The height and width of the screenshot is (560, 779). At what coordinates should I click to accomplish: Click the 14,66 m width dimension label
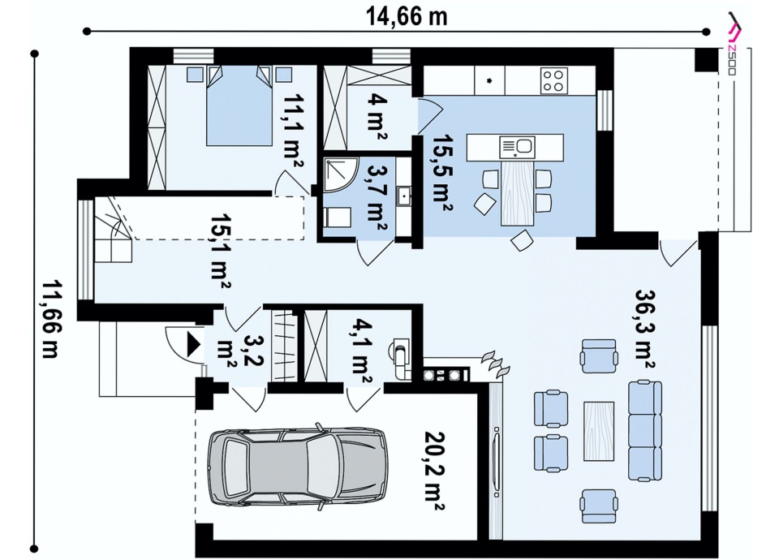click(407, 16)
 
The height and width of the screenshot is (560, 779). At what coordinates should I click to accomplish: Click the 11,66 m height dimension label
click(50, 318)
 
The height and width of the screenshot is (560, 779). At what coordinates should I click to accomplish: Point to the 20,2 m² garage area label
click(434, 471)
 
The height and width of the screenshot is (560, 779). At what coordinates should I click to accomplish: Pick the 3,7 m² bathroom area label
click(377, 197)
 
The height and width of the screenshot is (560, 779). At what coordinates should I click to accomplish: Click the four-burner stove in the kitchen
click(554, 80)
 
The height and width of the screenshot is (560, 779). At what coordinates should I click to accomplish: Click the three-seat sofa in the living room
click(645, 430)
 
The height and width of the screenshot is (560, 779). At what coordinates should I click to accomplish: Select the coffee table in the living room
click(599, 430)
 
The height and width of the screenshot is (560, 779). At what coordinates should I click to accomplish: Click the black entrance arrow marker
click(193, 343)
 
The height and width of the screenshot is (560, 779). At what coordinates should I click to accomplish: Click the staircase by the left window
click(114, 230)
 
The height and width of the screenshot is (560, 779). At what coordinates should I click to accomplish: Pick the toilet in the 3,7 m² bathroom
click(337, 218)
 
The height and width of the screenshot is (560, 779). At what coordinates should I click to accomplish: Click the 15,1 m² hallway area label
click(220, 252)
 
